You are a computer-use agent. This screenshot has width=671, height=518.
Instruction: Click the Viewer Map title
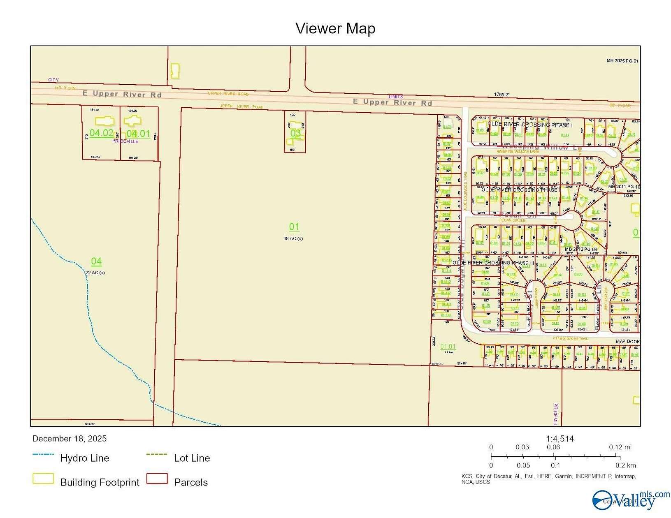pos(335,28)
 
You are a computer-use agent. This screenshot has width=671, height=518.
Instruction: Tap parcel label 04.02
pos(101,133)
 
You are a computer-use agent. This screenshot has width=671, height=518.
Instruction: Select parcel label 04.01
pos(138,134)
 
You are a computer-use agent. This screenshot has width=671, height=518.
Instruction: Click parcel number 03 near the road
pos(295,133)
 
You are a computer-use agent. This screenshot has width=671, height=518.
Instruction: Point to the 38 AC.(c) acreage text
pos(293,238)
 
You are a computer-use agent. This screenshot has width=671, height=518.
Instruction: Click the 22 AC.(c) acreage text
pos(95,273)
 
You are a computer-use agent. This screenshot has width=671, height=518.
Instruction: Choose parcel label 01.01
pos(448,347)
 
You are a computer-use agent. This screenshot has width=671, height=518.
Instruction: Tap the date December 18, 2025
pos(70,439)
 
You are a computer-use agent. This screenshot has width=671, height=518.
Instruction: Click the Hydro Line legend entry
pos(84,458)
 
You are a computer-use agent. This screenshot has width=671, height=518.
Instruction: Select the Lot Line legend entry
pos(192,458)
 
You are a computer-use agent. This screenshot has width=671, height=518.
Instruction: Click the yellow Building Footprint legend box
pos(43,479)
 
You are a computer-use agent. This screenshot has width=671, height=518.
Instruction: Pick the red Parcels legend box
pos(157,479)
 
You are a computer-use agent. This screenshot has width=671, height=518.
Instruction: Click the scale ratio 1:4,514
pos(560,439)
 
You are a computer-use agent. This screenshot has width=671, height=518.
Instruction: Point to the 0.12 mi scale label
pos(620,447)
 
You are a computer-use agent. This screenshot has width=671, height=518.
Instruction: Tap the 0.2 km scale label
pos(625,465)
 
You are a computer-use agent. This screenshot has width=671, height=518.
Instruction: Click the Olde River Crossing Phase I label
pos(530,125)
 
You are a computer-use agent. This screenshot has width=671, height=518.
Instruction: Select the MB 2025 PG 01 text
pos(622,61)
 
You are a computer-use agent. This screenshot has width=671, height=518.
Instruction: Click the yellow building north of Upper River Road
pos(175,71)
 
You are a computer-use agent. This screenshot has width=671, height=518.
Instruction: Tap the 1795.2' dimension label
pos(502,95)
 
